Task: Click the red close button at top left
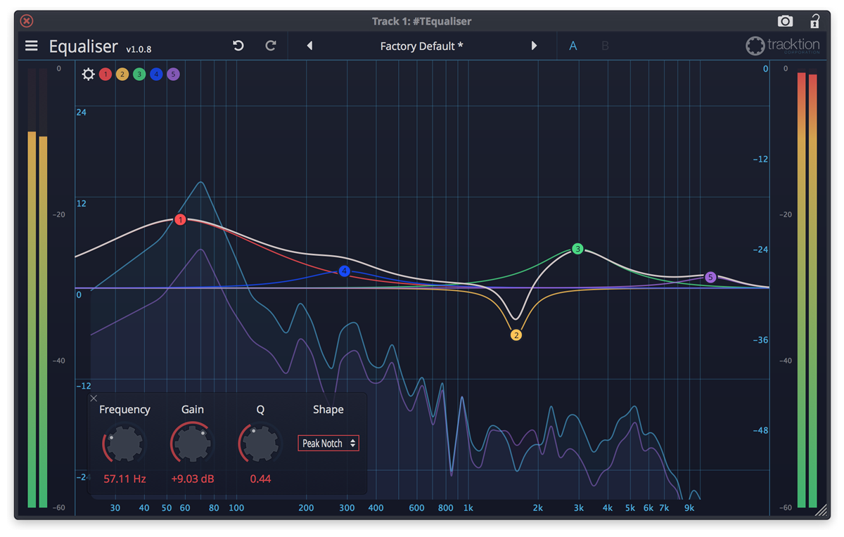(x=26, y=21)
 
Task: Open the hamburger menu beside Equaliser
(x=31, y=46)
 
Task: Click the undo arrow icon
(x=238, y=46)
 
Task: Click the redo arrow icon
(x=271, y=46)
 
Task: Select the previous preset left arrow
(x=309, y=46)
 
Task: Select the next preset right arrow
(x=534, y=46)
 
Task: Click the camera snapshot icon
(x=785, y=21)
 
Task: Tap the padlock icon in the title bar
(x=814, y=21)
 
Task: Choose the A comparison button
(x=573, y=46)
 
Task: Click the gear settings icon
(x=88, y=74)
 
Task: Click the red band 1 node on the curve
(x=181, y=220)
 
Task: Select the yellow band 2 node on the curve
(x=516, y=335)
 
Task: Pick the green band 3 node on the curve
(x=577, y=249)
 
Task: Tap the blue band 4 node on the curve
(x=344, y=271)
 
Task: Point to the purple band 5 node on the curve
(x=710, y=278)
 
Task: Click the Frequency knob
(x=124, y=443)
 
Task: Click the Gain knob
(x=192, y=443)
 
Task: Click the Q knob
(x=260, y=443)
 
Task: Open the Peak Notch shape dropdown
(x=328, y=444)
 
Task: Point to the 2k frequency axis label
(x=538, y=507)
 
